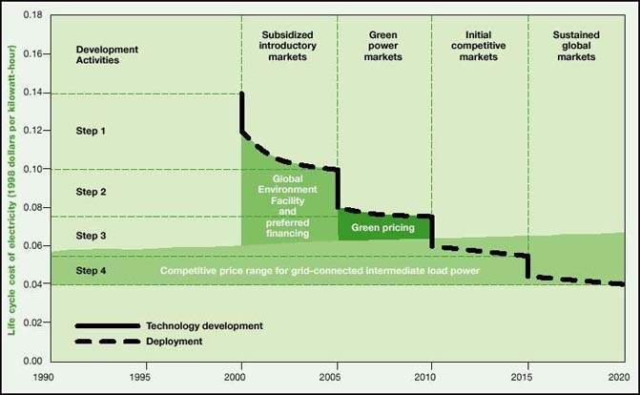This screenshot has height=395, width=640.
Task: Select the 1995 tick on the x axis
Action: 146,376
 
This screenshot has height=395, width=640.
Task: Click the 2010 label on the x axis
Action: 432,376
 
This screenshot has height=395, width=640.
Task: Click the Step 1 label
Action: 92,131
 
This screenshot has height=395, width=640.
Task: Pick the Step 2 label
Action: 92,192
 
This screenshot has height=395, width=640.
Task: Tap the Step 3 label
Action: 92,235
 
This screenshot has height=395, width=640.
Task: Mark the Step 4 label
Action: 92,271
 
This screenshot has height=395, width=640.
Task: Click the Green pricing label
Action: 382,229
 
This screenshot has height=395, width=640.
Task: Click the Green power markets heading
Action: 383,45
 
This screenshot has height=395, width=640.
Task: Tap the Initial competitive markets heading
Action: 479,45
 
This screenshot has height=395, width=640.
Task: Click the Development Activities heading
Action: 107,54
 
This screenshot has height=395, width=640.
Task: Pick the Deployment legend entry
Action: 175,341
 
